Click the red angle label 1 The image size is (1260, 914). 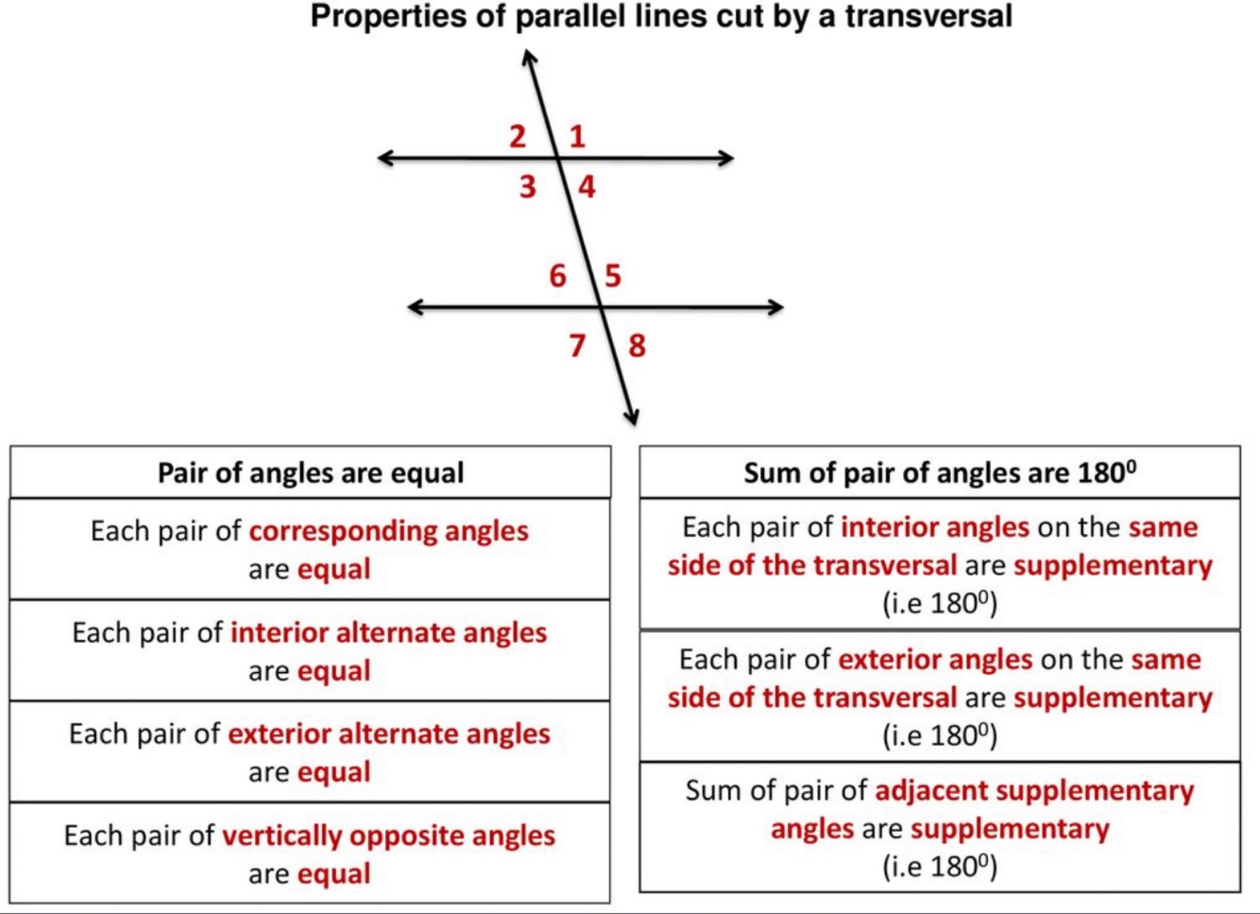[577, 136]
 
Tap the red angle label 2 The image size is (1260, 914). [518, 136]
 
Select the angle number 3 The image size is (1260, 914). [527, 186]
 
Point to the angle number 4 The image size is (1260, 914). [587, 186]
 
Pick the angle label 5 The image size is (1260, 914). [613, 276]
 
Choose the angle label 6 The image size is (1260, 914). [557, 276]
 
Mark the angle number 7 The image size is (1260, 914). [577, 346]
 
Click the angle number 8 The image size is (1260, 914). [638, 346]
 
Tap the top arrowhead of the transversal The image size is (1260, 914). [529, 59]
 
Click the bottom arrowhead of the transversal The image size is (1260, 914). [633, 417]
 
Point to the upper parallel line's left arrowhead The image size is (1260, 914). [385, 158]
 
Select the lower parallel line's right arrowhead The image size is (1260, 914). [775, 307]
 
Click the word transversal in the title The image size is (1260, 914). [928, 17]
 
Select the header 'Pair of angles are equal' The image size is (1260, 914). [311, 473]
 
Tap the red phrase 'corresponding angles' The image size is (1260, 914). [388, 531]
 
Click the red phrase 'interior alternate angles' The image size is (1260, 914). [388, 632]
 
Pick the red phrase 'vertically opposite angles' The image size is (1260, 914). [388, 836]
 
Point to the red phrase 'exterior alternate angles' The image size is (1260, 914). [388, 733]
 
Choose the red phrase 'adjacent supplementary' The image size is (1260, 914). [1034, 790]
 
